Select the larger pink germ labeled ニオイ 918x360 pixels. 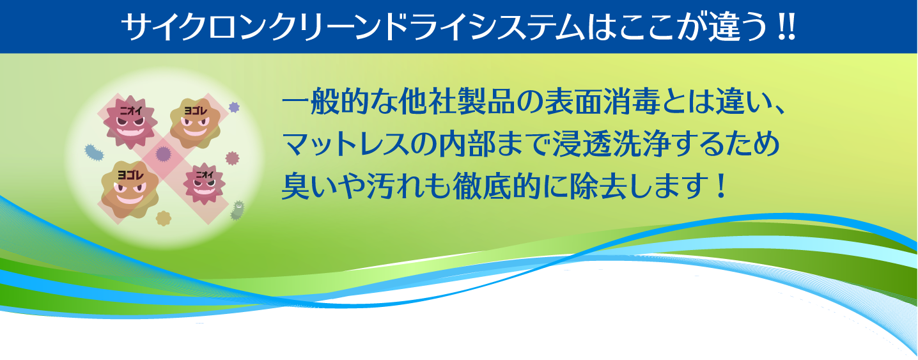click(x=130, y=118)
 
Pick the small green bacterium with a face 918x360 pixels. click(x=238, y=210)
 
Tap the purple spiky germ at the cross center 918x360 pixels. click(x=163, y=153)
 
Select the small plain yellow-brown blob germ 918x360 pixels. click(x=164, y=217)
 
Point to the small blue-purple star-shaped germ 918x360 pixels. click(x=233, y=107)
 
